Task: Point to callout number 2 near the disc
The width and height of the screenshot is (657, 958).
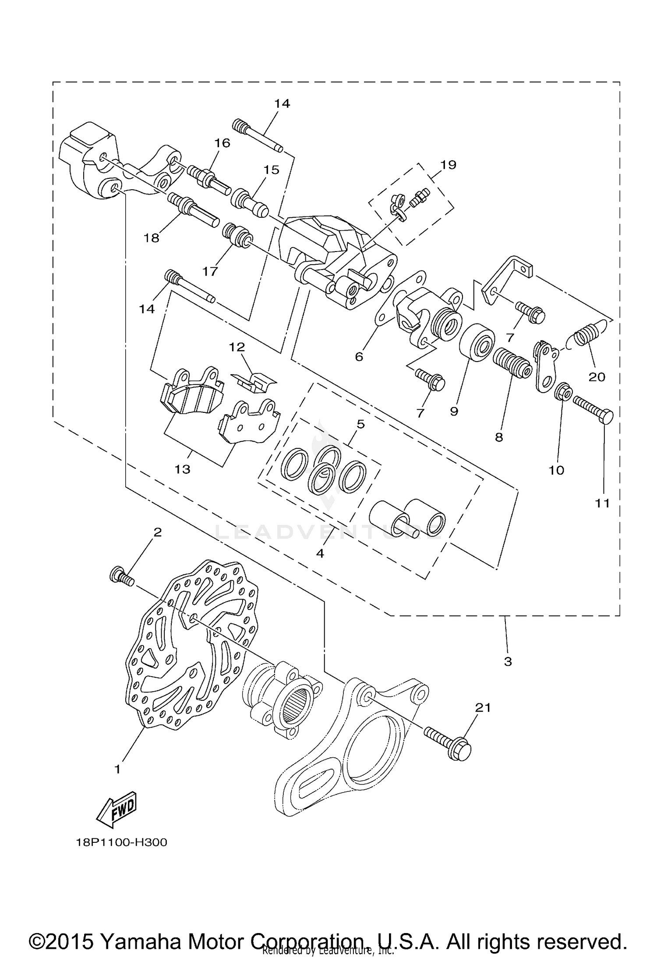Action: coord(157,532)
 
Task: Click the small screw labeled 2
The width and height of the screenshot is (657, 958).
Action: coord(121,575)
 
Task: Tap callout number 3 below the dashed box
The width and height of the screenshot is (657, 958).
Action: coord(508,661)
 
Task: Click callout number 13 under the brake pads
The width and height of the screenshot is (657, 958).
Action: coord(183,469)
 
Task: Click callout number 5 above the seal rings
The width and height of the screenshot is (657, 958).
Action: coord(360,424)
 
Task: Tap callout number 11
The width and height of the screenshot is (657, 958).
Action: coord(602,504)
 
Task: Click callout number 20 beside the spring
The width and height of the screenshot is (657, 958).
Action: coord(597,376)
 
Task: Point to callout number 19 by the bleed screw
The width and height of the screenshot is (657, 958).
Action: coord(448,165)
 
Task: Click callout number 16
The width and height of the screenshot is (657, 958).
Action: coord(222,143)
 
